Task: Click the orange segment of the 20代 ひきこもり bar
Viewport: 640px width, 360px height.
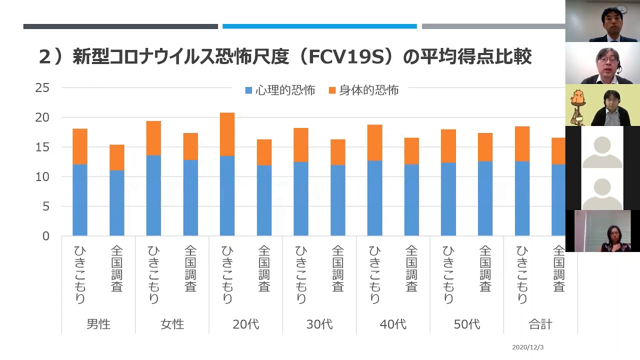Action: (227, 134)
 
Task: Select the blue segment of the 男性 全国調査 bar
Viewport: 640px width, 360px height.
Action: (117, 203)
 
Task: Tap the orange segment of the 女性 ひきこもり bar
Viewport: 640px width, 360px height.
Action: (153, 138)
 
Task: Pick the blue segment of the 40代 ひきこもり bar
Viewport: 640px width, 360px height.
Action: (374, 198)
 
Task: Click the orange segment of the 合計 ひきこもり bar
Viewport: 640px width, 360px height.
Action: (522, 143)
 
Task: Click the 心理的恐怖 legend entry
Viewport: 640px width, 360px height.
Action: (280, 90)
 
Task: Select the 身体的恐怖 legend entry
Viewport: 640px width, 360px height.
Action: (363, 90)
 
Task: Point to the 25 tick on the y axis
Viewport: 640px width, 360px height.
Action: (42, 88)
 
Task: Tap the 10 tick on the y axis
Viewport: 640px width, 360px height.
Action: (42, 177)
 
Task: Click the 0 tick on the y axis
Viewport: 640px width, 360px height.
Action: (45, 236)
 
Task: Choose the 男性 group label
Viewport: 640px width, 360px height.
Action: (98, 324)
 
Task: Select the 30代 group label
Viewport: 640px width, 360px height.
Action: (319, 324)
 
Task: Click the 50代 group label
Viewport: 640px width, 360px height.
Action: (467, 324)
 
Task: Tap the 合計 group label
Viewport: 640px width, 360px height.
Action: (540, 324)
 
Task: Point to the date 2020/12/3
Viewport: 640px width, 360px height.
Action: (528, 347)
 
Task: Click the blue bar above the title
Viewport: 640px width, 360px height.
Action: (319, 26)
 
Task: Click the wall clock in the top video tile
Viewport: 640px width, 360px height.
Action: (621, 9)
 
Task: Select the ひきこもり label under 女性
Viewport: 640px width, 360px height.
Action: (153, 274)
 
